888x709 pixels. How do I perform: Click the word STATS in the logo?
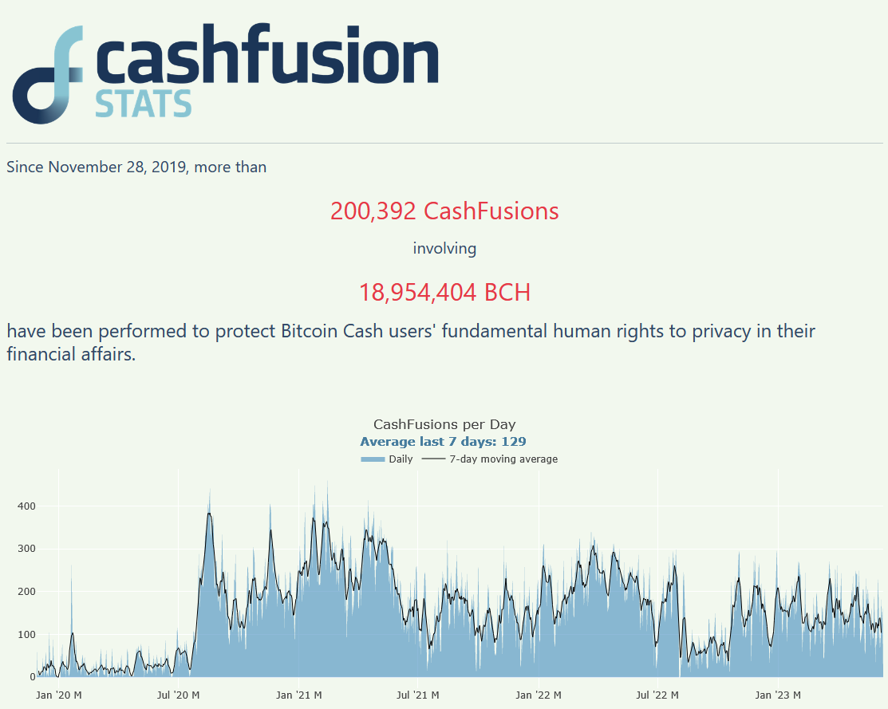pyautogui.click(x=144, y=104)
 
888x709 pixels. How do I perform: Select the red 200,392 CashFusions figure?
pyautogui.click(x=444, y=211)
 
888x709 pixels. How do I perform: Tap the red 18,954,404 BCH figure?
pyautogui.click(x=444, y=292)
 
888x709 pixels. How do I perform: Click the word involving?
pyautogui.click(x=444, y=249)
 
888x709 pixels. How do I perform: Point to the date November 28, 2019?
pyautogui.click(x=117, y=167)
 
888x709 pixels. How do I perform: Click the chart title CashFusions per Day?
pyautogui.click(x=444, y=424)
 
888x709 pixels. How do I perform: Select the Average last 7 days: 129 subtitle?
pyautogui.click(x=444, y=442)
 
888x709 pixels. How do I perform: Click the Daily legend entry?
pyautogui.click(x=387, y=459)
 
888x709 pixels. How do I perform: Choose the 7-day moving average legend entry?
pyautogui.click(x=490, y=459)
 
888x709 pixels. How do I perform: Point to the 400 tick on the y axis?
pyautogui.click(x=26, y=506)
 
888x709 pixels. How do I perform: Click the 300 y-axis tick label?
pyautogui.click(x=26, y=549)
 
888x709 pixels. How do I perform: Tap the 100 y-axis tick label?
pyautogui.click(x=26, y=635)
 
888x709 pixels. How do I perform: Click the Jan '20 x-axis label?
pyautogui.click(x=58, y=695)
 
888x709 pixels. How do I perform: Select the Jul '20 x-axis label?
pyautogui.click(x=178, y=695)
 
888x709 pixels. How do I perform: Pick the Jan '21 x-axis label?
pyautogui.click(x=299, y=695)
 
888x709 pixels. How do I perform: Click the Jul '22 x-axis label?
pyautogui.click(x=657, y=695)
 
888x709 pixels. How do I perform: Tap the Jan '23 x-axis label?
pyautogui.click(x=778, y=695)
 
